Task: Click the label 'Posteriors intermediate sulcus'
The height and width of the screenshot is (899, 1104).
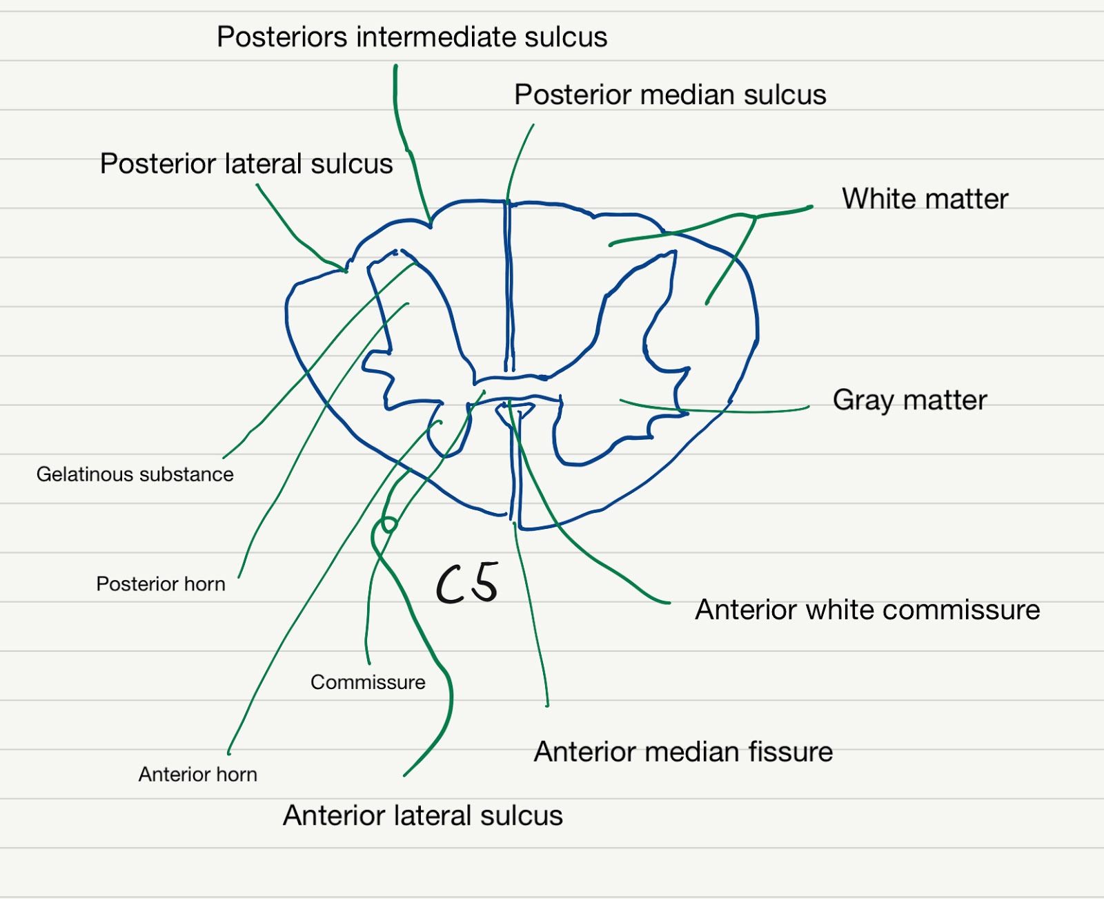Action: (412, 37)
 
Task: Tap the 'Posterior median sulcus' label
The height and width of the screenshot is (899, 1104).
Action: (670, 95)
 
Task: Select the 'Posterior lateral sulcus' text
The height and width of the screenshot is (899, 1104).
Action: (246, 164)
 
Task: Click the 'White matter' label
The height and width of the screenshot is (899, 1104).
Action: (925, 199)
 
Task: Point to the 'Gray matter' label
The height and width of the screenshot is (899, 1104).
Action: (909, 400)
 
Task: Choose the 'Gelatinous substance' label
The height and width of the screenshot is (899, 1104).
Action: (135, 474)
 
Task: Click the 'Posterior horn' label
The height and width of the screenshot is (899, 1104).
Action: (160, 584)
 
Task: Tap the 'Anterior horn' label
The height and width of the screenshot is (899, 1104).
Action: (197, 775)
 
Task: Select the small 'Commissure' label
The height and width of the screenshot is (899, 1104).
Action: (368, 682)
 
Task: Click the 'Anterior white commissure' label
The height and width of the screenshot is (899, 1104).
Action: (867, 610)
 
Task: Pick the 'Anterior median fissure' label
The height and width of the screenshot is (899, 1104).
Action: (683, 752)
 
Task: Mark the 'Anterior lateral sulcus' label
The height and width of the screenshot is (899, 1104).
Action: (423, 816)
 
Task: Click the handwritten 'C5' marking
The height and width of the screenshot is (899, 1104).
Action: (467, 584)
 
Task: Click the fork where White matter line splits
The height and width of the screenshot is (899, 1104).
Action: (755, 218)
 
